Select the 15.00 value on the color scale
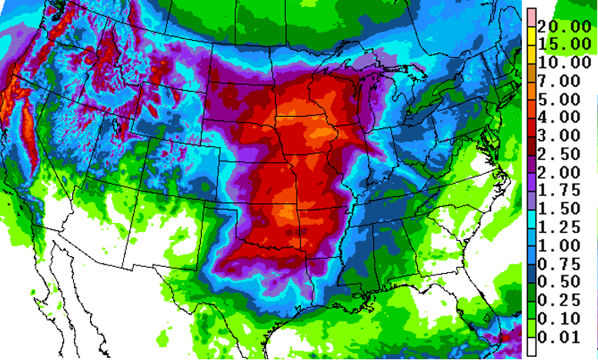pyautogui.click(x=566, y=44)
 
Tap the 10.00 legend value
pyautogui.click(x=566, y=62)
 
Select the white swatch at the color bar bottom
pyautogui.click(x=530, y=347)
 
